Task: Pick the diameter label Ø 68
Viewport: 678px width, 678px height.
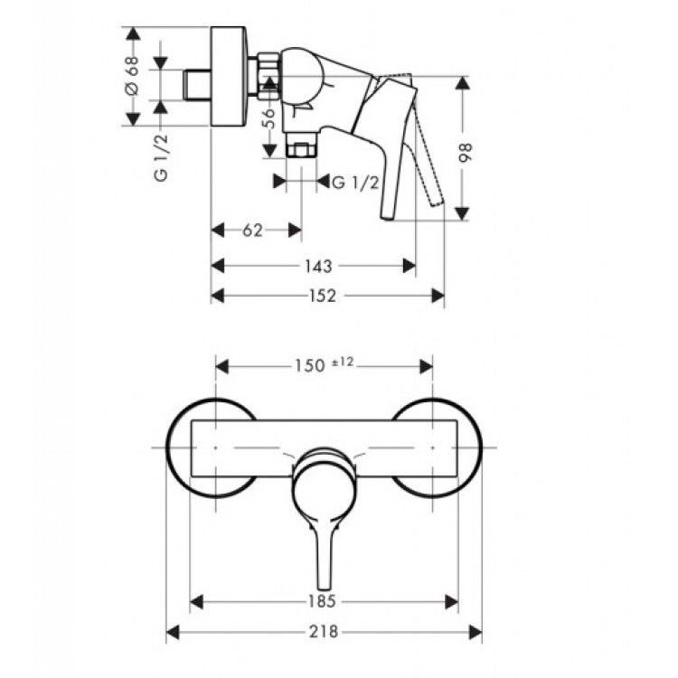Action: (x=133, y=77)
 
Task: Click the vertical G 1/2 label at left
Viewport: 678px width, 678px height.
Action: (x=161, y=155)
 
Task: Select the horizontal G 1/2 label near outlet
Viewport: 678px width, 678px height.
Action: (x=353, y=182)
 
